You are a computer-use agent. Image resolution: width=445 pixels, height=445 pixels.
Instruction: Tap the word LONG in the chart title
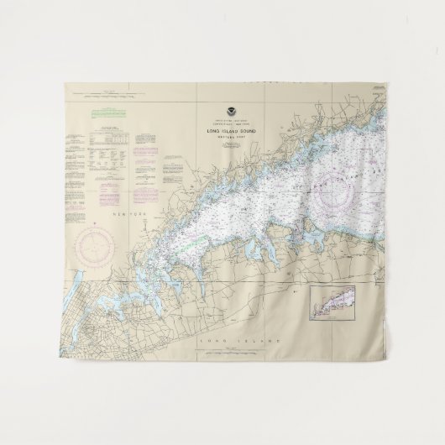click(x=211, y=132)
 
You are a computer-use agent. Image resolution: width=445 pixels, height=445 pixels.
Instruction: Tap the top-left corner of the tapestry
click(x=64, y=85)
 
